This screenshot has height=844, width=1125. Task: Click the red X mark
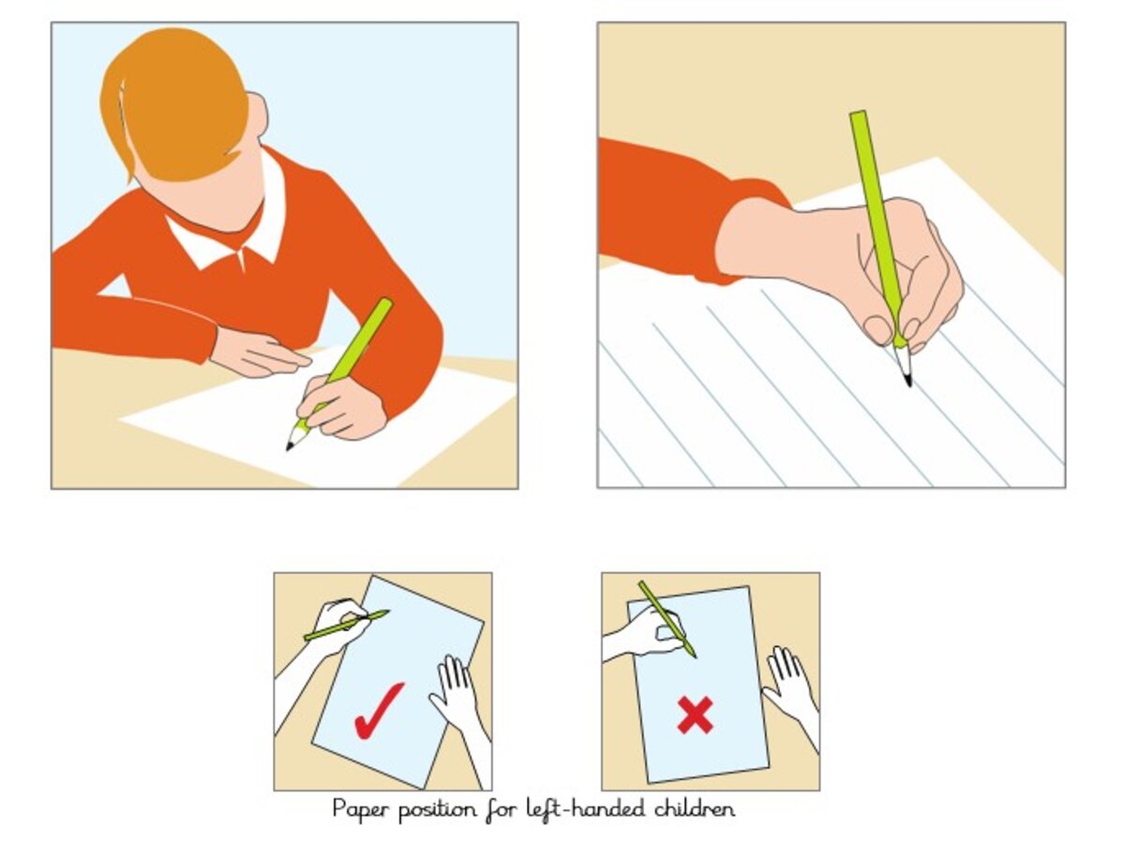click(695, 716)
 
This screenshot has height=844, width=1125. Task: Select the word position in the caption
click(438, 810)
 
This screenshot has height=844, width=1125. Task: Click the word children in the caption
click(695, 808)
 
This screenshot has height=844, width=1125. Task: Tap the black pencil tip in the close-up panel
click(908, 381)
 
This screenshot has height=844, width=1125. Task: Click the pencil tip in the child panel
click(290, 446)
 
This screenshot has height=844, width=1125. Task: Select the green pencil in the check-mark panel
click(347, 625)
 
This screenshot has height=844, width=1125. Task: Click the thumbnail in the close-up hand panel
click(877, 329)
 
